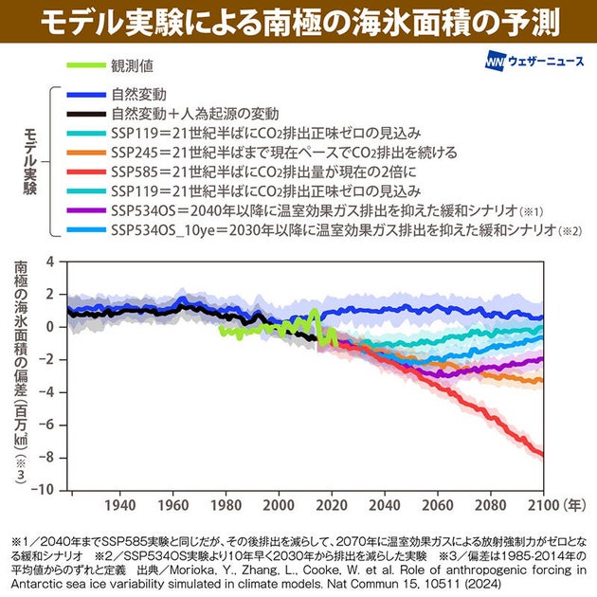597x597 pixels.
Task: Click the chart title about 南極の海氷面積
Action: [298, 20]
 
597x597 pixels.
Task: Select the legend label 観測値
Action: [133, 66]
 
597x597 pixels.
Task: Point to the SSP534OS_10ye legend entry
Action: [322, 228]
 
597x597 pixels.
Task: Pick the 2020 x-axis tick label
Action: [331, 505]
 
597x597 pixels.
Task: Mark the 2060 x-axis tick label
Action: [437, 505]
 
